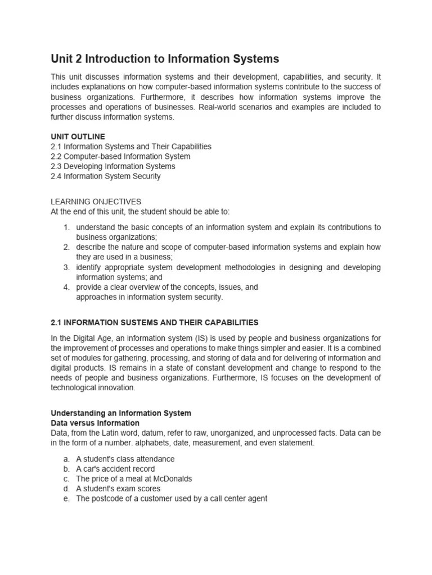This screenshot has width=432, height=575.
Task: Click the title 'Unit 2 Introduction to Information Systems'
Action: [165, 59]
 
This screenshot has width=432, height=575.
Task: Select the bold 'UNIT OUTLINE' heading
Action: [78, 136]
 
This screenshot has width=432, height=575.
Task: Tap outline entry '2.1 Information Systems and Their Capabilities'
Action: [131, 147]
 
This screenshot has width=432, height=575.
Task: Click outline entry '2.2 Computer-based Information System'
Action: [120, 157]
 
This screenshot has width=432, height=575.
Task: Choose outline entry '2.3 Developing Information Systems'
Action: [113, 166]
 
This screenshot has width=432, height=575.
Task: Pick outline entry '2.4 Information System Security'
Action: [106, 176]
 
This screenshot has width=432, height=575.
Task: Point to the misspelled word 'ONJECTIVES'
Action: [115, 202]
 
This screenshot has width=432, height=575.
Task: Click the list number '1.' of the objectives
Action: [66, 227]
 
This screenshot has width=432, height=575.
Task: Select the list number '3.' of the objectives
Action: [66, 267]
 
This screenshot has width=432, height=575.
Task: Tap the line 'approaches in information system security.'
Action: [150, 298]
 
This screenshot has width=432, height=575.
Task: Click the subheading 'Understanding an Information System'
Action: [121, 413]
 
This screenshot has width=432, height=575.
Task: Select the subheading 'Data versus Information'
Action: [95, 423]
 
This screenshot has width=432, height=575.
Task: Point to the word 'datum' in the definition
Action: [178, 433]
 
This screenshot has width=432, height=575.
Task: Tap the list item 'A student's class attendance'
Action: [125, 459]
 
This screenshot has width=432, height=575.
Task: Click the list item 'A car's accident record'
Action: [115, 469]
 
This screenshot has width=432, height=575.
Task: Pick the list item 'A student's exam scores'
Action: [118, 489]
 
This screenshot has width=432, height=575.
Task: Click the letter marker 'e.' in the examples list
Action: [66, 499]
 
